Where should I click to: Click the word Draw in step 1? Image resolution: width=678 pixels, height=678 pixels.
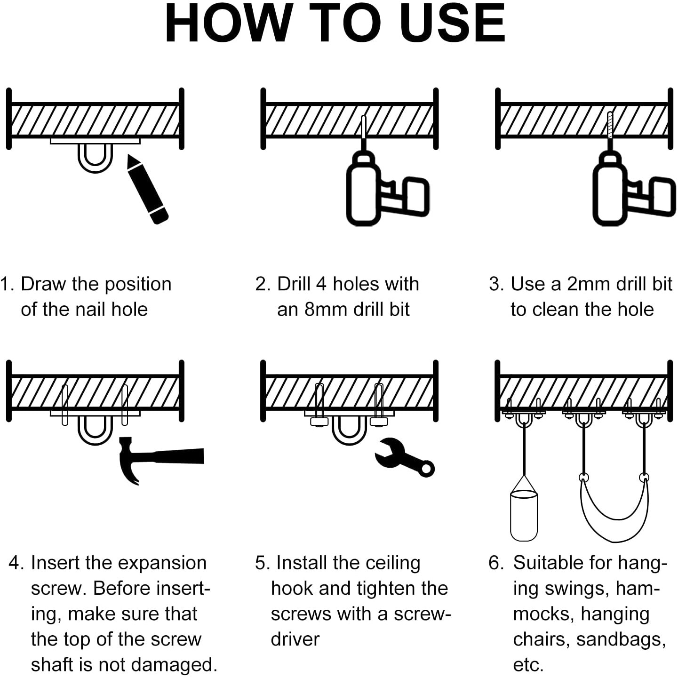pos(43,284)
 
